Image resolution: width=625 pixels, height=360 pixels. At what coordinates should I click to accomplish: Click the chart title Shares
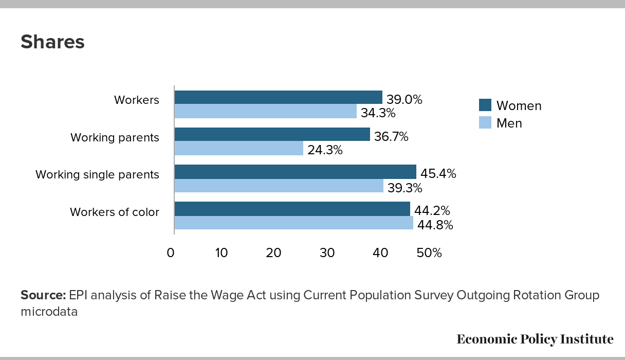click(x=52, y=42)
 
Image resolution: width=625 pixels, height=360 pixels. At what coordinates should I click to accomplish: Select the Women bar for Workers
click(x=278, y=97)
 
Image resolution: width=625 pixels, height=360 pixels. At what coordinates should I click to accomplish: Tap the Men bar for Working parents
click(x=238, y=149)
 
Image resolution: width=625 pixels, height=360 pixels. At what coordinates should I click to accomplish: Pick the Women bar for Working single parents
click(x=295, y=172)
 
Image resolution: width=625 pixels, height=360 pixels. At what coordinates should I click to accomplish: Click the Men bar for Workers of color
click(x=293, y=223)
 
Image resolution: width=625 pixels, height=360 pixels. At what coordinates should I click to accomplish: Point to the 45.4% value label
click(x=438, y=174)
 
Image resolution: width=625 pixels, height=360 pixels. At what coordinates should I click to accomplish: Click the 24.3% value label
click(x=325, y=150)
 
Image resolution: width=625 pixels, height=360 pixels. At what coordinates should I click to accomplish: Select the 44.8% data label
click(x=435, y=225)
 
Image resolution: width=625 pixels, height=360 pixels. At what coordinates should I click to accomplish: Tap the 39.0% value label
click(x=404, y=100)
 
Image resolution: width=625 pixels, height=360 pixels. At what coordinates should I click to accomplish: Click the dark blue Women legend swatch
click(x=485, y=105)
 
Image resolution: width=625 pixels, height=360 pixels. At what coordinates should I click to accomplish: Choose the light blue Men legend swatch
click(x=485, y=123)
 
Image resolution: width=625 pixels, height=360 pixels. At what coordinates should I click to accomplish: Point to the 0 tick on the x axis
click(x=171, y=253)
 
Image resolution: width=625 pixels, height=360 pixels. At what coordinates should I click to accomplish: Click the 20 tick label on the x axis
click(x=274, y=253)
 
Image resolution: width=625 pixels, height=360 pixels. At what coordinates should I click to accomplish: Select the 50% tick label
click(x=429, y=253)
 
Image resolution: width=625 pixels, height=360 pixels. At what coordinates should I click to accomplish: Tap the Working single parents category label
click(x=97, y=175)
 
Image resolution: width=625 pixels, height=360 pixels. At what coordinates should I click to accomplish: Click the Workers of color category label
click(x=114, y=212)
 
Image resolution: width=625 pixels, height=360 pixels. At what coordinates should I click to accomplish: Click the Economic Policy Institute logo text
click(x=535, y=339)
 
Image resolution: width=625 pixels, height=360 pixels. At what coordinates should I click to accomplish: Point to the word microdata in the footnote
click(x=49, y=312)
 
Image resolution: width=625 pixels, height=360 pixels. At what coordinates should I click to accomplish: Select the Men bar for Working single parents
click(x=279, y=186)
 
